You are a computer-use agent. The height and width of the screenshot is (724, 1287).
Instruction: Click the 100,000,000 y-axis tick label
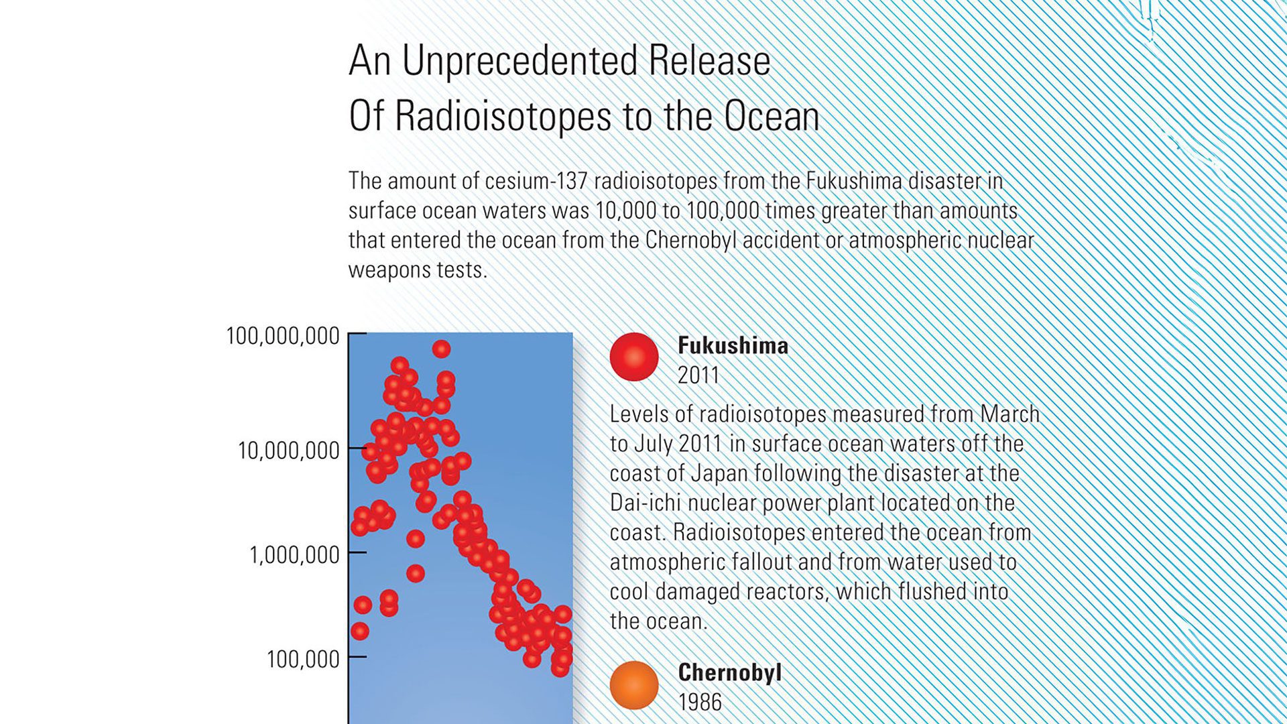[x=283, y=336]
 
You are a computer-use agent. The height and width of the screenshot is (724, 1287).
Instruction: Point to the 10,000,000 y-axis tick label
[x=289, y=450]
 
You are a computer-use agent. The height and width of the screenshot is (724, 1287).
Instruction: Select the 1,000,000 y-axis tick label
[x=295, y=555]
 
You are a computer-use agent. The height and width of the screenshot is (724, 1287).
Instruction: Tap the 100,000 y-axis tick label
[x=303, y=660]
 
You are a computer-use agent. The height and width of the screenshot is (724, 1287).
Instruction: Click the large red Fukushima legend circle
[x=634, y=357]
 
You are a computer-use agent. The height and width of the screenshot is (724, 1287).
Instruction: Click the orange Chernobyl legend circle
[x=634, y=685]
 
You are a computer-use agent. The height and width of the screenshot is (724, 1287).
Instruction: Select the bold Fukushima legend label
[x=733, y=345]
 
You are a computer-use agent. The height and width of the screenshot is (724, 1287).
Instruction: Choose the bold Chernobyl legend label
[x=730, y=672]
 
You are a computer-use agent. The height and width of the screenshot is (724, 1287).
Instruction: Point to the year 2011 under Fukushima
[x=698, y=375]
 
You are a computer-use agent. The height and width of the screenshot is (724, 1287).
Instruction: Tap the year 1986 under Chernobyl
[x=700, y=703]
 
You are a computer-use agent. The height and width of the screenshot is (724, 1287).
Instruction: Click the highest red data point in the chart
[x=441, y=349]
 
